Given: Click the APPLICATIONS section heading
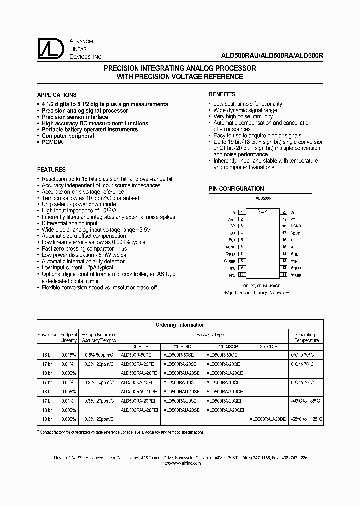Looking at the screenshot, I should click(57, 95).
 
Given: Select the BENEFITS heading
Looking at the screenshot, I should click(222, 94).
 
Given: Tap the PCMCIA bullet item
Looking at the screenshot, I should click(52, 142).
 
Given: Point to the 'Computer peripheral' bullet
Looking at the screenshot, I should click(68, 136).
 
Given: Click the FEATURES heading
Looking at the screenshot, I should click(51, 170).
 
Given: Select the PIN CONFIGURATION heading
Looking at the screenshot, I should click(236, 189).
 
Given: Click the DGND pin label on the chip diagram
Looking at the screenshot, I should click(296, 226).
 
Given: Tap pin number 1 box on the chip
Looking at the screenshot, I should click(241, 212).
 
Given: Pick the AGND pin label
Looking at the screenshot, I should click(230, 247).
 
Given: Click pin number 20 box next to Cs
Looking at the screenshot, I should click(284, 212).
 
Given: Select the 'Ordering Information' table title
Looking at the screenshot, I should click(180, 325).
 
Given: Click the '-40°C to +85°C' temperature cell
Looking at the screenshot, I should click(306, 401).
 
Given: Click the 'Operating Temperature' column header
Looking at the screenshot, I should click(306, 337).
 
